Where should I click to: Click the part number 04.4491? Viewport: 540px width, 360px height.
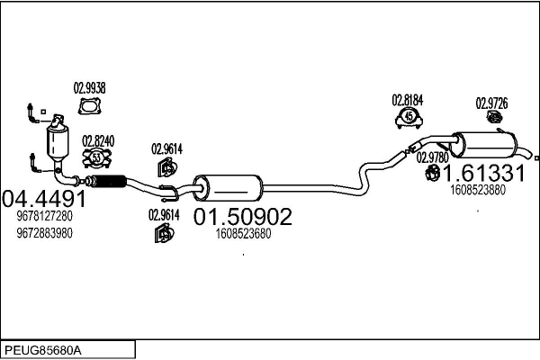coord(44,199)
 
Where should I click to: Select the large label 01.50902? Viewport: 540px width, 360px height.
coord(243,217)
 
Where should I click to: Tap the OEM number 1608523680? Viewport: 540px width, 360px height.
coord(243,233)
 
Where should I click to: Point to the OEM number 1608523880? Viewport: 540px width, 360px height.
coord(477,190)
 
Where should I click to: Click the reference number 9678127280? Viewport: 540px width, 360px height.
coord(44,217)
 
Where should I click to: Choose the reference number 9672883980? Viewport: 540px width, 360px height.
coord(44,233)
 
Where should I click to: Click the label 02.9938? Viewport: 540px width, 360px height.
coord(89,88)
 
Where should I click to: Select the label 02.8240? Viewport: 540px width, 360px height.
coord(98,140)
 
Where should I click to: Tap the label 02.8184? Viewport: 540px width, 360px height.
coord(408,100)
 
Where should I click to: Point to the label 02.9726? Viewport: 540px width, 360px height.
coord(491,103)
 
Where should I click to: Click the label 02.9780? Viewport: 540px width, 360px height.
coord(432,157)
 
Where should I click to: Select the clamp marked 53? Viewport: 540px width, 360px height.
coord(97,158)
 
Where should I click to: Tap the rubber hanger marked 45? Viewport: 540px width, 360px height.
coord(409,118)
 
